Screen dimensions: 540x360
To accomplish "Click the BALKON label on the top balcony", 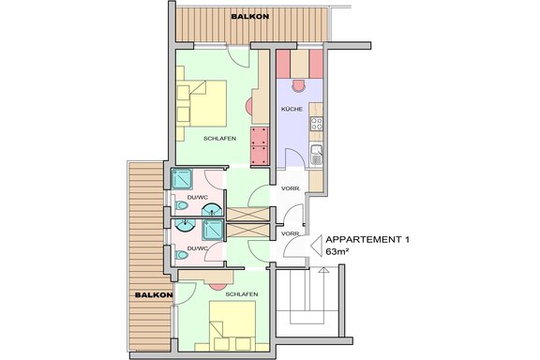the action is tap(250, 16).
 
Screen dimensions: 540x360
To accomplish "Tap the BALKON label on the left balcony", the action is tap(154, 295).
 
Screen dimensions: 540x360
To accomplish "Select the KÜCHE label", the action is tap(292, 109).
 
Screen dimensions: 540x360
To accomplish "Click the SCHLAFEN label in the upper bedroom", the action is tap(219, 139).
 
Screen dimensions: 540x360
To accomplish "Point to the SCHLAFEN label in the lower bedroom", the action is tap(242, 294).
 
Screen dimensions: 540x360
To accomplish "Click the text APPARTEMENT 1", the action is tap(367, 240).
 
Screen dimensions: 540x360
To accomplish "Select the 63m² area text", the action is tap(337, 251).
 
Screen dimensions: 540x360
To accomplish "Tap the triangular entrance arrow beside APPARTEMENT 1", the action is tap(316, 246).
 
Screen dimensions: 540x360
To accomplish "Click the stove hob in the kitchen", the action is tap(317, 124).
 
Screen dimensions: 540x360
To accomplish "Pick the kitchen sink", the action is tap(317, 155).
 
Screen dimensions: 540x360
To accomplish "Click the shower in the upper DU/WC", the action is tap(182, 179).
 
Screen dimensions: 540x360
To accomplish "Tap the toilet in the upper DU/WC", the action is tap(181, 206).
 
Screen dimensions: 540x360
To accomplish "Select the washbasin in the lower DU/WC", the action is tap(186, 225).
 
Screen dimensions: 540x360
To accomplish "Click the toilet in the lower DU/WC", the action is tap(181, 255).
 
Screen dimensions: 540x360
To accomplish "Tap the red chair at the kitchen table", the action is tap(298, 85).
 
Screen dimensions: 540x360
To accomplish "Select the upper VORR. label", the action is tap(291, 188).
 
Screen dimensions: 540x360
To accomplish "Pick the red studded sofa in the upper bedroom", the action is tap(260, 145).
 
